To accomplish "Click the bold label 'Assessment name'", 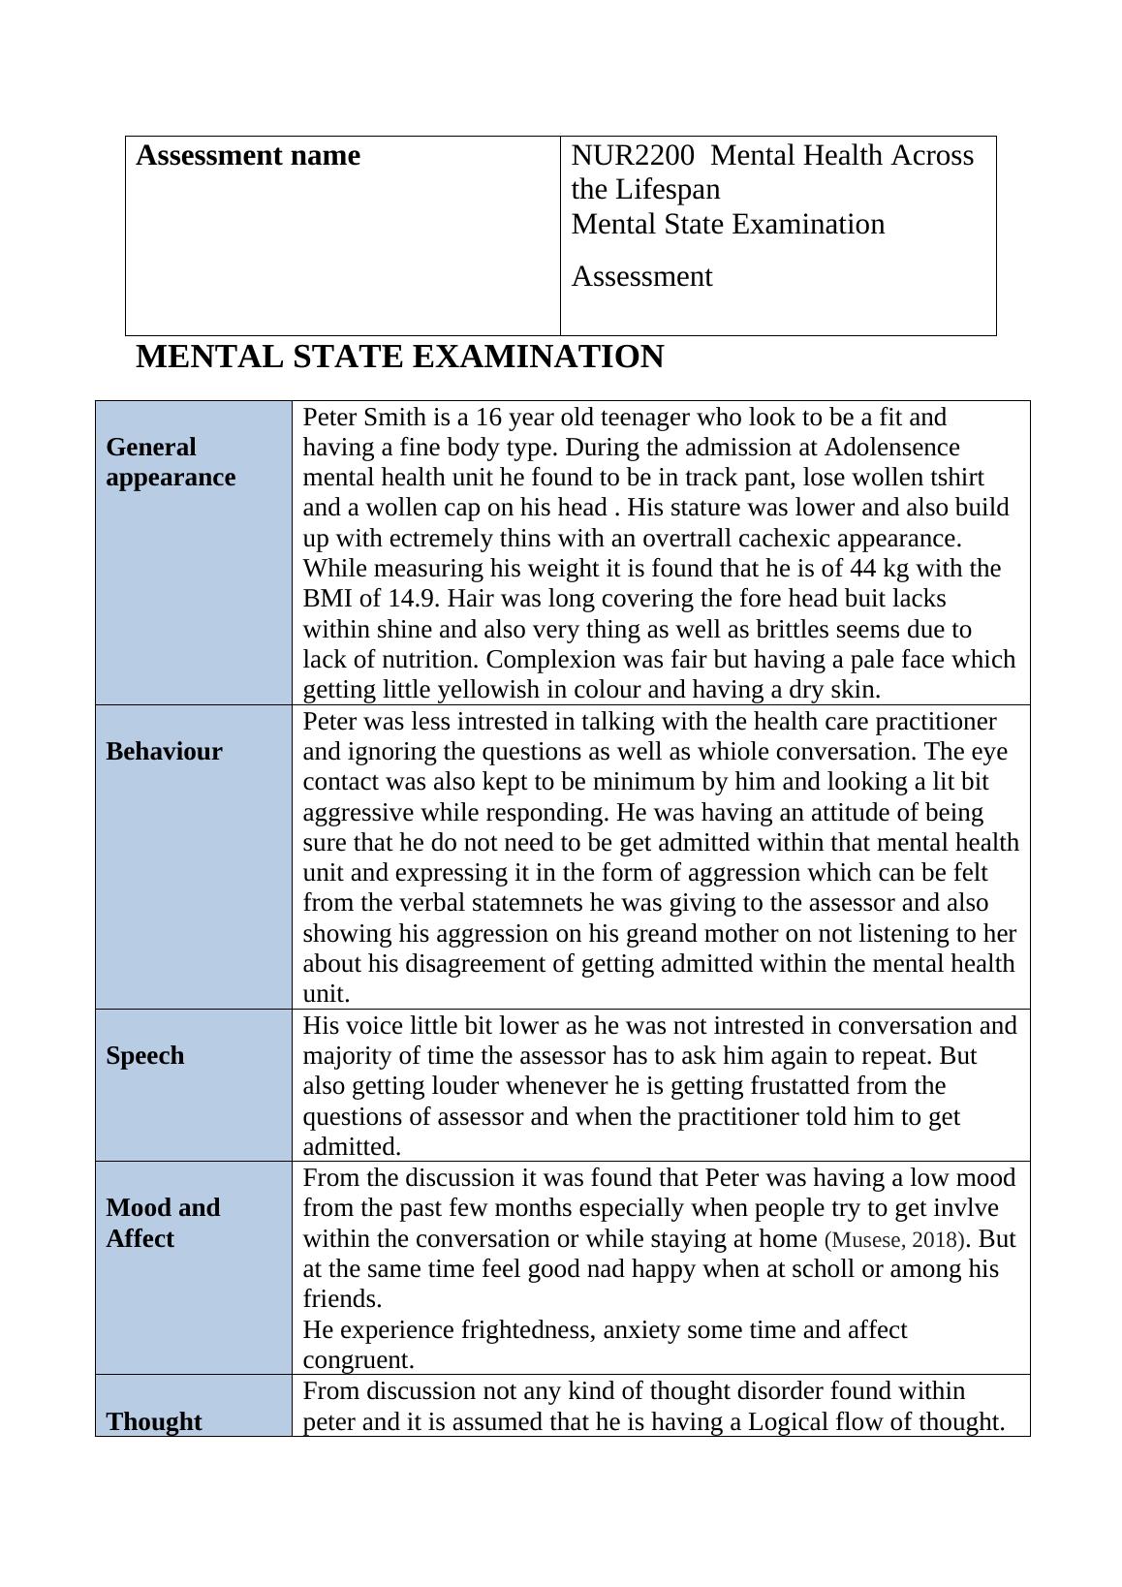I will coord(248,156).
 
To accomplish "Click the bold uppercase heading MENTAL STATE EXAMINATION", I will coord(399,358).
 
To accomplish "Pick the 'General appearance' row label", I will coord(171,462).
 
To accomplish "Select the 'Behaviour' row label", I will coord(165,752).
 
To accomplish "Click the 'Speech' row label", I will coord(145,1056).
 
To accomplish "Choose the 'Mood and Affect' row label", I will coord(163,1224).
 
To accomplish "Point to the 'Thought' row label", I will coord(154,1421).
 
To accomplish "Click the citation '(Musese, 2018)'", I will coord(894,1240).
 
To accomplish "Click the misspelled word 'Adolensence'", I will coord(890,448).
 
